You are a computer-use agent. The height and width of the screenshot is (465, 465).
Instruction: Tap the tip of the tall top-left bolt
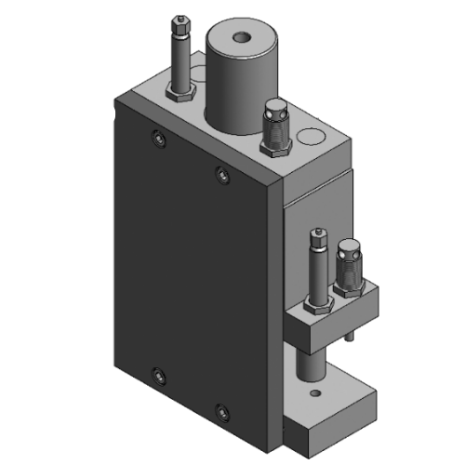pos(179,22)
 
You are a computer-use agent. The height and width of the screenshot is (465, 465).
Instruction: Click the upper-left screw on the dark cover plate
pos(157,139)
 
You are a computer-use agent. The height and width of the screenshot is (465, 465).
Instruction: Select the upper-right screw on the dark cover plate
pos(221,173)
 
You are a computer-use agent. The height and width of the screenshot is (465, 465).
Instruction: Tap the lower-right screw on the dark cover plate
pos(222,409)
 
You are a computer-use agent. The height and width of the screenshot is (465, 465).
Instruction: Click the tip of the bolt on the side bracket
pos(320,233)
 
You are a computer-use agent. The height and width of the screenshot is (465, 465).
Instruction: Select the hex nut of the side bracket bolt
pos(316,304)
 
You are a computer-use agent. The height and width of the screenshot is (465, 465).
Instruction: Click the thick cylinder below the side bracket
pos(310,365)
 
